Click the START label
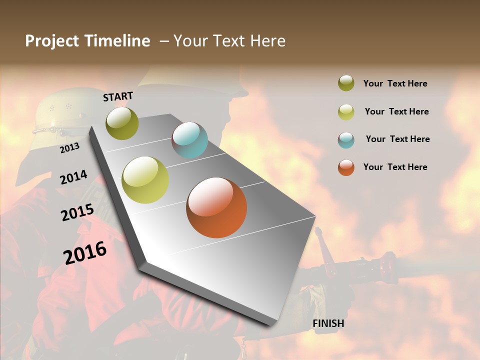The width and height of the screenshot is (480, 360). (118, 96)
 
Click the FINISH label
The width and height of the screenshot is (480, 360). (328, 323)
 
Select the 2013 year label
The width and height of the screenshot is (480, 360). (69, 147)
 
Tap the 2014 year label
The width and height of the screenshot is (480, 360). (73, 177)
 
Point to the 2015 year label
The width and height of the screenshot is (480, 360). (77, 212)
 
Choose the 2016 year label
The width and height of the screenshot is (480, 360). (85, 252)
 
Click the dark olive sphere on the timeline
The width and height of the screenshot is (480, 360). (122, 123)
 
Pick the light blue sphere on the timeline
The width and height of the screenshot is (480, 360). (189, 140)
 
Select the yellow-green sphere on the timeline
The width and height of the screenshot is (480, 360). (145, 180)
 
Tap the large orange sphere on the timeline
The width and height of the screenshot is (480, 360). (216, 207)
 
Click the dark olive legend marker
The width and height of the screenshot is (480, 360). (346, 83)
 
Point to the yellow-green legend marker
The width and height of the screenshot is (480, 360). (346, 111)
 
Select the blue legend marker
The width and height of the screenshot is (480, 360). (346, 139)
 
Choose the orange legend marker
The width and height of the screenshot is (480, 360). (346, 167)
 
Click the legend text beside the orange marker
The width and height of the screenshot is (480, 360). (395, 167)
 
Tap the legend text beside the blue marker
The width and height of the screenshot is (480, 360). (397, 139)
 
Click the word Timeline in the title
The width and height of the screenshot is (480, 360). (117, 41)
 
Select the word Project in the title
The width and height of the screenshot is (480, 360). (51, 41)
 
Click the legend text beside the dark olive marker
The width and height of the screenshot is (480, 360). (395, 83)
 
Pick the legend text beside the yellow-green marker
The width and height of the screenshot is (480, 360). (396, 111)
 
